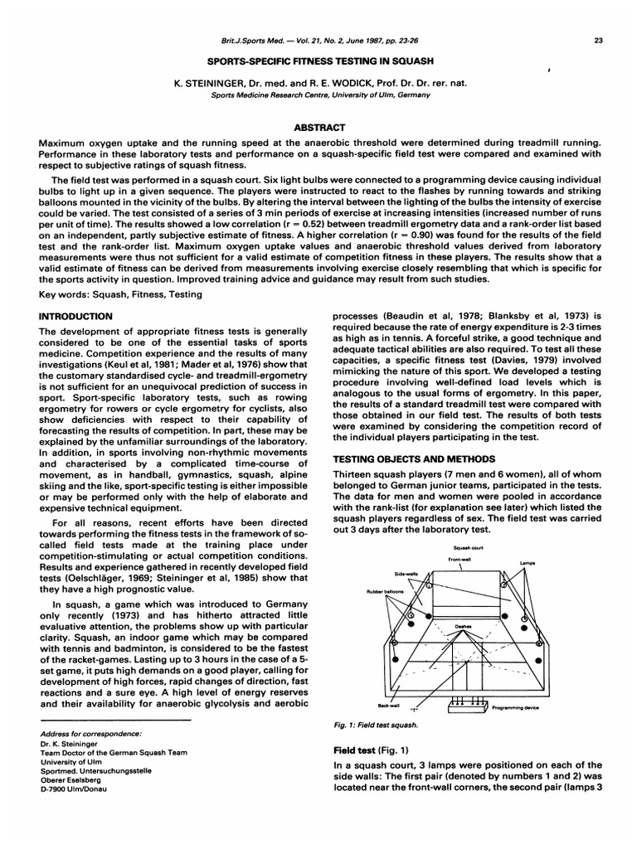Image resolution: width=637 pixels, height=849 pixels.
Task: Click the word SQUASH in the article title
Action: point(409,61)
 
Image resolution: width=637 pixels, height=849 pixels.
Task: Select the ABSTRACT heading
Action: point(318,127)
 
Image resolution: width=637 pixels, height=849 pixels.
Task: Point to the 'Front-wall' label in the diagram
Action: point(460,560)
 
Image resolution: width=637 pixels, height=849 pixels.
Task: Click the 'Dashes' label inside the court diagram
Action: point(464,627)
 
